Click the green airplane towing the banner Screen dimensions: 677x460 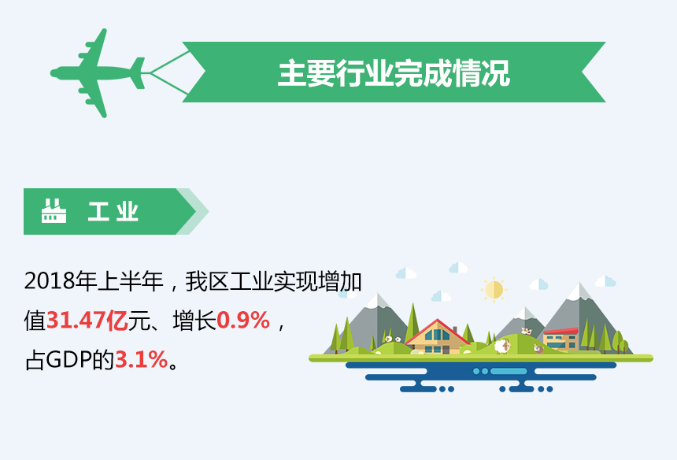point(97,73)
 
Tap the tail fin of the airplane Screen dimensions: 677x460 point(139,73)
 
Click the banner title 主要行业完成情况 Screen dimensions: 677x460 point(394,73)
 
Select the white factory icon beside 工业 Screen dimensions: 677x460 point(54,211)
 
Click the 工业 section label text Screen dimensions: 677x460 point(113,212)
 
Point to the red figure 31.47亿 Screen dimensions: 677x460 point(87,321)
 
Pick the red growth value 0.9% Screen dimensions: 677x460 point(243,321)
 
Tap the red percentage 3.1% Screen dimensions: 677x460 point(141,360)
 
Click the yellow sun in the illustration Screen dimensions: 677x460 point(494,289)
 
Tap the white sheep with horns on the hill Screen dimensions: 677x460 point(502,346)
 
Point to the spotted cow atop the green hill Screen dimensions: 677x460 point(526,331)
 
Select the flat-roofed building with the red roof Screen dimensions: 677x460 point(560,339)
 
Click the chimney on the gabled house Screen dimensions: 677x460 point(454,330)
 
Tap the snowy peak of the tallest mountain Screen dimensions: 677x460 point(579,291)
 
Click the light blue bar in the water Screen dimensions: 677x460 point(509,371)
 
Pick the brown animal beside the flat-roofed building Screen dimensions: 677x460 point(538,348)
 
